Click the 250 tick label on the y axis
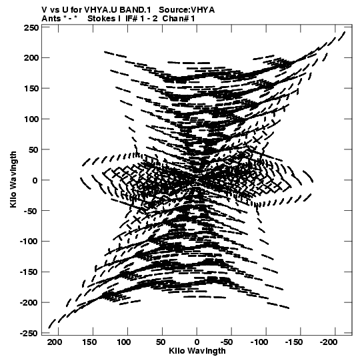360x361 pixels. point(31,28)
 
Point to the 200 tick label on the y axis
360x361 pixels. point(31,57)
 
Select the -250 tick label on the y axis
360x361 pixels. point(29,333)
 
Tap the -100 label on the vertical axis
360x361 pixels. point(29,242)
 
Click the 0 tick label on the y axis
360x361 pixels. point(35,180)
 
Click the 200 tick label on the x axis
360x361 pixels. point(55,342)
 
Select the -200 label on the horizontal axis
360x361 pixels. point(329,342)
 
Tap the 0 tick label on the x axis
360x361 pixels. point(197,342)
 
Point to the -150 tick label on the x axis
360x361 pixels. point(294,342)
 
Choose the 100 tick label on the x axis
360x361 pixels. point(124,342)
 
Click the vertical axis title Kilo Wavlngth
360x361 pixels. point(13,179)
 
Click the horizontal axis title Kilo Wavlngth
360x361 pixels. point(197,351)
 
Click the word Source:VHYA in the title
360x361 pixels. point(187,10)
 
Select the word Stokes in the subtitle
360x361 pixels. point(102,19)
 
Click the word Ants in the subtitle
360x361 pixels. point(51,19)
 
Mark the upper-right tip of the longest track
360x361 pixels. point(345,32)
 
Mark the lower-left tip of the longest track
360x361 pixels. point(49,328)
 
